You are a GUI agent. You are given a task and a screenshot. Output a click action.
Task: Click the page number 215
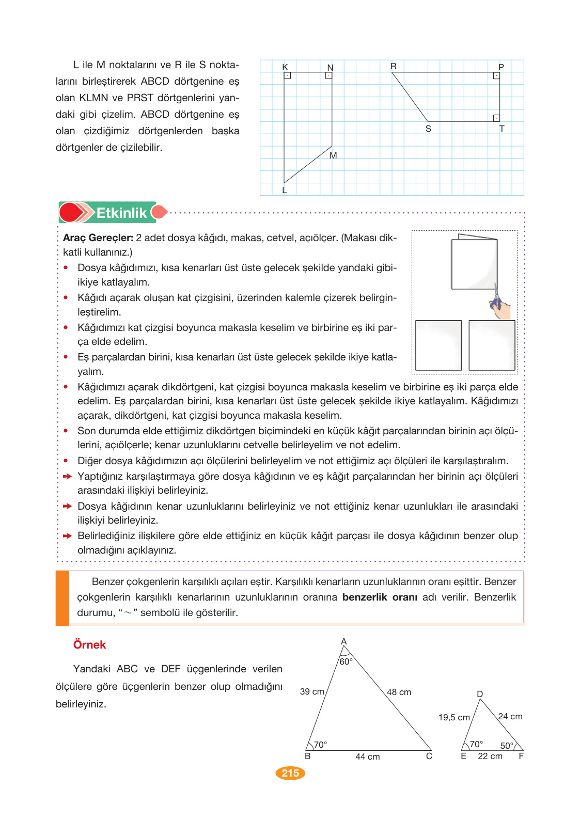(x=290, y=773)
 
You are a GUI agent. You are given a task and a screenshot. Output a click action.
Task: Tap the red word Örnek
(x=89, y=644)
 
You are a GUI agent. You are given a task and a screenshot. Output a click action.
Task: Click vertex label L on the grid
(x=285, y=190)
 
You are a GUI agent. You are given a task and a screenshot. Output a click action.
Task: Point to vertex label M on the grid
(x=333, y=155)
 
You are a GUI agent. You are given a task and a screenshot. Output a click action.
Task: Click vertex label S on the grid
(x=428, y=129)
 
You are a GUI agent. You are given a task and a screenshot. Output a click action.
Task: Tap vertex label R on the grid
(x=394, y=66)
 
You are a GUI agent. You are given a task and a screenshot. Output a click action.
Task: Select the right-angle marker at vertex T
(x=496, y=118)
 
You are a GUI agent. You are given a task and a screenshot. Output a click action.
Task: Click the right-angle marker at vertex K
(x=288, y=75)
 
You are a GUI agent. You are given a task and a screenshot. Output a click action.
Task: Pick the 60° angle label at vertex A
(x=346, y=661)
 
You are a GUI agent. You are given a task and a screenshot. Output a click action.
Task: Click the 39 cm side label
(x=312, y=691)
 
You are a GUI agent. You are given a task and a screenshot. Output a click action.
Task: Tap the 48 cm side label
(x=399, y=692)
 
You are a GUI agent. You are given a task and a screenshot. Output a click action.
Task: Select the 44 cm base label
(x=367, y=756)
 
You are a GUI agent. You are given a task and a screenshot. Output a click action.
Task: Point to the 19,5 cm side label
(x=454, y=717)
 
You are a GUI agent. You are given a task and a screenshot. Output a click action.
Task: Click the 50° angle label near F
(x=507, y=746)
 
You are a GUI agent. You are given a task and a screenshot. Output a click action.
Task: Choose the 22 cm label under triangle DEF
(x=490, y=756)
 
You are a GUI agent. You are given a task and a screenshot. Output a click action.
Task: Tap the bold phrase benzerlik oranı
(x=380, y=597)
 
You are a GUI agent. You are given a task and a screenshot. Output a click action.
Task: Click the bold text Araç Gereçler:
(x=98, y=238)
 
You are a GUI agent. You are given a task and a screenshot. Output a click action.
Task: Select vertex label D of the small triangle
(x=480, y=694)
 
